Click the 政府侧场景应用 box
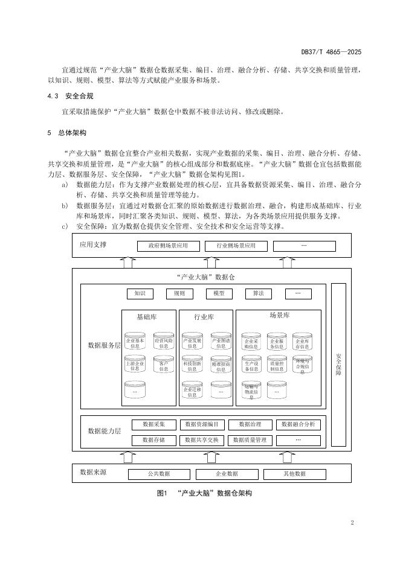(163, 246)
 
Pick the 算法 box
(258, 294)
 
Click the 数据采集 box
(153, 424)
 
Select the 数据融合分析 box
(298, 424)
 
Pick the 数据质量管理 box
(250, 441)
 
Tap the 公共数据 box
(159, 474)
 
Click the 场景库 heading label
(279, 316)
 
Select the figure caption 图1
(161, 493)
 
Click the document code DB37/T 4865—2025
(331, 53)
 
